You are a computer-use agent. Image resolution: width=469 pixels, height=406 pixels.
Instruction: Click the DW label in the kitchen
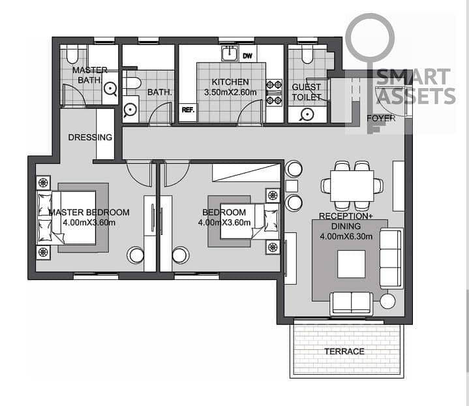[247, 55]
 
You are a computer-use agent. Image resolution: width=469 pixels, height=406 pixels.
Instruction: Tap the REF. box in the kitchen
[188, 110]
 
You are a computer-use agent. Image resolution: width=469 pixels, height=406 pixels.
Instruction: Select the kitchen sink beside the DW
[230, 54]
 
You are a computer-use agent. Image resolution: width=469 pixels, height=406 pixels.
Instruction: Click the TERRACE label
[344, 351]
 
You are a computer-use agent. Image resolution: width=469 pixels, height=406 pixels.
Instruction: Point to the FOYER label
[381, 118]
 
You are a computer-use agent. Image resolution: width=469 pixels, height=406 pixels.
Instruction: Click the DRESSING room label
[90, 138]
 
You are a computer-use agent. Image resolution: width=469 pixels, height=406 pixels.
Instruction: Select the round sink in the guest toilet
[307, 114]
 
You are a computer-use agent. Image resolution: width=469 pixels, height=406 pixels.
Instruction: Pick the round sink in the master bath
[110, 89]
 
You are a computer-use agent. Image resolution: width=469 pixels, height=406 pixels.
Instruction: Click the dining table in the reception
[352, 186]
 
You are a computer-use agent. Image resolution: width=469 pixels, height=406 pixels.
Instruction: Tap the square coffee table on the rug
[352, 264]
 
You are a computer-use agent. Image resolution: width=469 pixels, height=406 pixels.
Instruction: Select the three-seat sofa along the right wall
[391, 258]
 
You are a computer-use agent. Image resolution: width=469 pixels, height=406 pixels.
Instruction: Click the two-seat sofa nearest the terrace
[352, 304]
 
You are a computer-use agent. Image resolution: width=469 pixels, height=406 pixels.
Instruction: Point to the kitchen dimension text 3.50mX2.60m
[230, 92]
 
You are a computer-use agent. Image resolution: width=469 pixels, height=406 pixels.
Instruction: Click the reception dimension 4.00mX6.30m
[346, 236]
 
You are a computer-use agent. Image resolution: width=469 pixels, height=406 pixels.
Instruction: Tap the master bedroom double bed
[67, 217]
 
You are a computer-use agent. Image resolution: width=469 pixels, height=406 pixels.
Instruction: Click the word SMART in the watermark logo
[414, 77]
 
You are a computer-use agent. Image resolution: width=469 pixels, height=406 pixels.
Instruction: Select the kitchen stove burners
[274, 93]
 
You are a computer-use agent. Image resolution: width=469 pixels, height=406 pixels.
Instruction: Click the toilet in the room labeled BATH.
[132, 83]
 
